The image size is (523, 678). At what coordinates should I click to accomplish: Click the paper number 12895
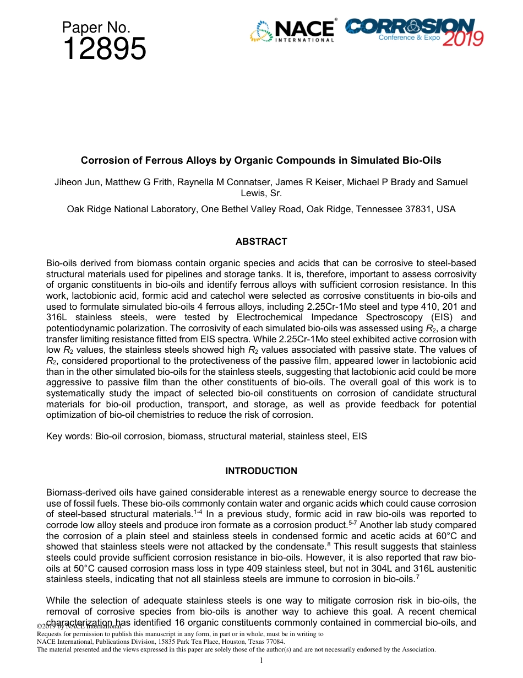[104, 50]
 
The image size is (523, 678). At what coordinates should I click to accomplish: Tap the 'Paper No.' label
[96, 27]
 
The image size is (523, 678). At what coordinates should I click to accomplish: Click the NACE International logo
[292, 31]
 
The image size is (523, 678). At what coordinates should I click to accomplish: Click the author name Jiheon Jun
[74, 182]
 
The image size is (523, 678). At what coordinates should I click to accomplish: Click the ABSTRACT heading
[261, 241]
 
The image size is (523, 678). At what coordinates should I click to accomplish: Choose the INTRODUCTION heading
[261, 471]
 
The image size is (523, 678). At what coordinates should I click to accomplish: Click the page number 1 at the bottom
[261, 660]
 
